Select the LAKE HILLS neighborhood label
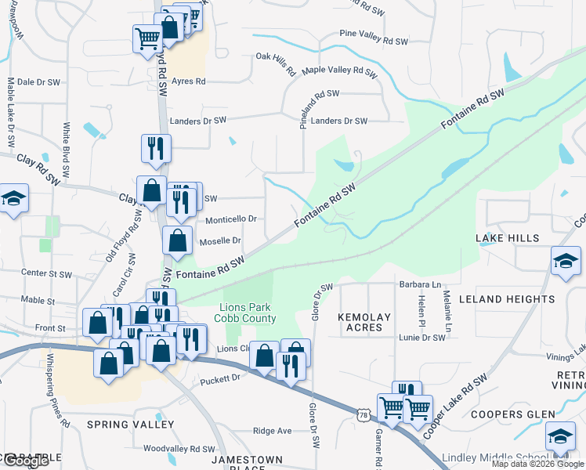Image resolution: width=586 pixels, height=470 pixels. [x=507, y=237]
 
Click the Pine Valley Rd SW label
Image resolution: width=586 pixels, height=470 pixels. [x=374, y=41]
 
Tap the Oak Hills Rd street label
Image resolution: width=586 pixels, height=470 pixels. [x=277, y=63]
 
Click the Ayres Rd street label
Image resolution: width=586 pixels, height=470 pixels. [x=189, y=81]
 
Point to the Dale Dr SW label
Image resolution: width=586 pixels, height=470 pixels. [x=38, y=81]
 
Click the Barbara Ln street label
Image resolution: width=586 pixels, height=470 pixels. [x=420, y=284]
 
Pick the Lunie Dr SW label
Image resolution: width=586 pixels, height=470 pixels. [x=422, y=337]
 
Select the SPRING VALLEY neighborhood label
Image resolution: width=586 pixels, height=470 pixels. [x=131, y=425]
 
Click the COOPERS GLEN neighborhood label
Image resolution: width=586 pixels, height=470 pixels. [x=513, y=414]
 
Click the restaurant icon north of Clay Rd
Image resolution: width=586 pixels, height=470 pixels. [x=154, y=148]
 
